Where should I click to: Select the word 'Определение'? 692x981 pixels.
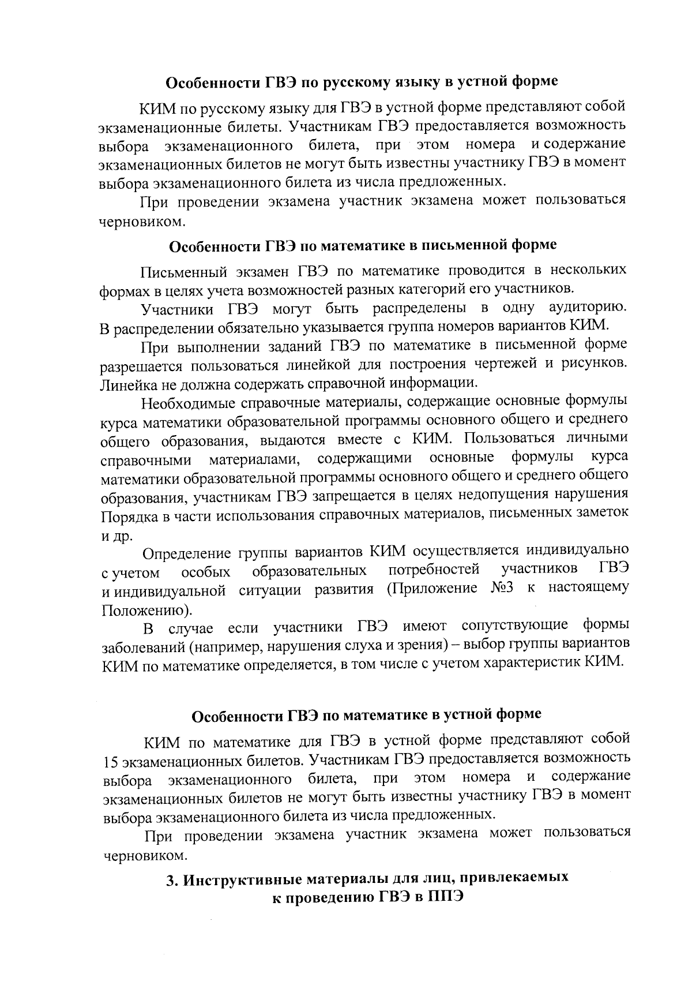(187, 553)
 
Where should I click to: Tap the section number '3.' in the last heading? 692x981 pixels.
(171, 879)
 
